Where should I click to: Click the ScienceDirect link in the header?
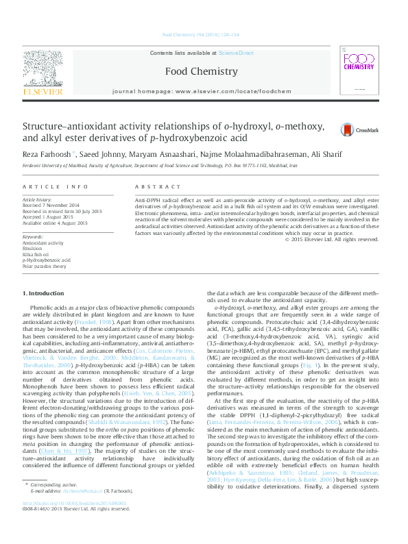coord(238,53)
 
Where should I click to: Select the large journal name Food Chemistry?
coord(201,71)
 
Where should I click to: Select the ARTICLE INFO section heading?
coord(65,186)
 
